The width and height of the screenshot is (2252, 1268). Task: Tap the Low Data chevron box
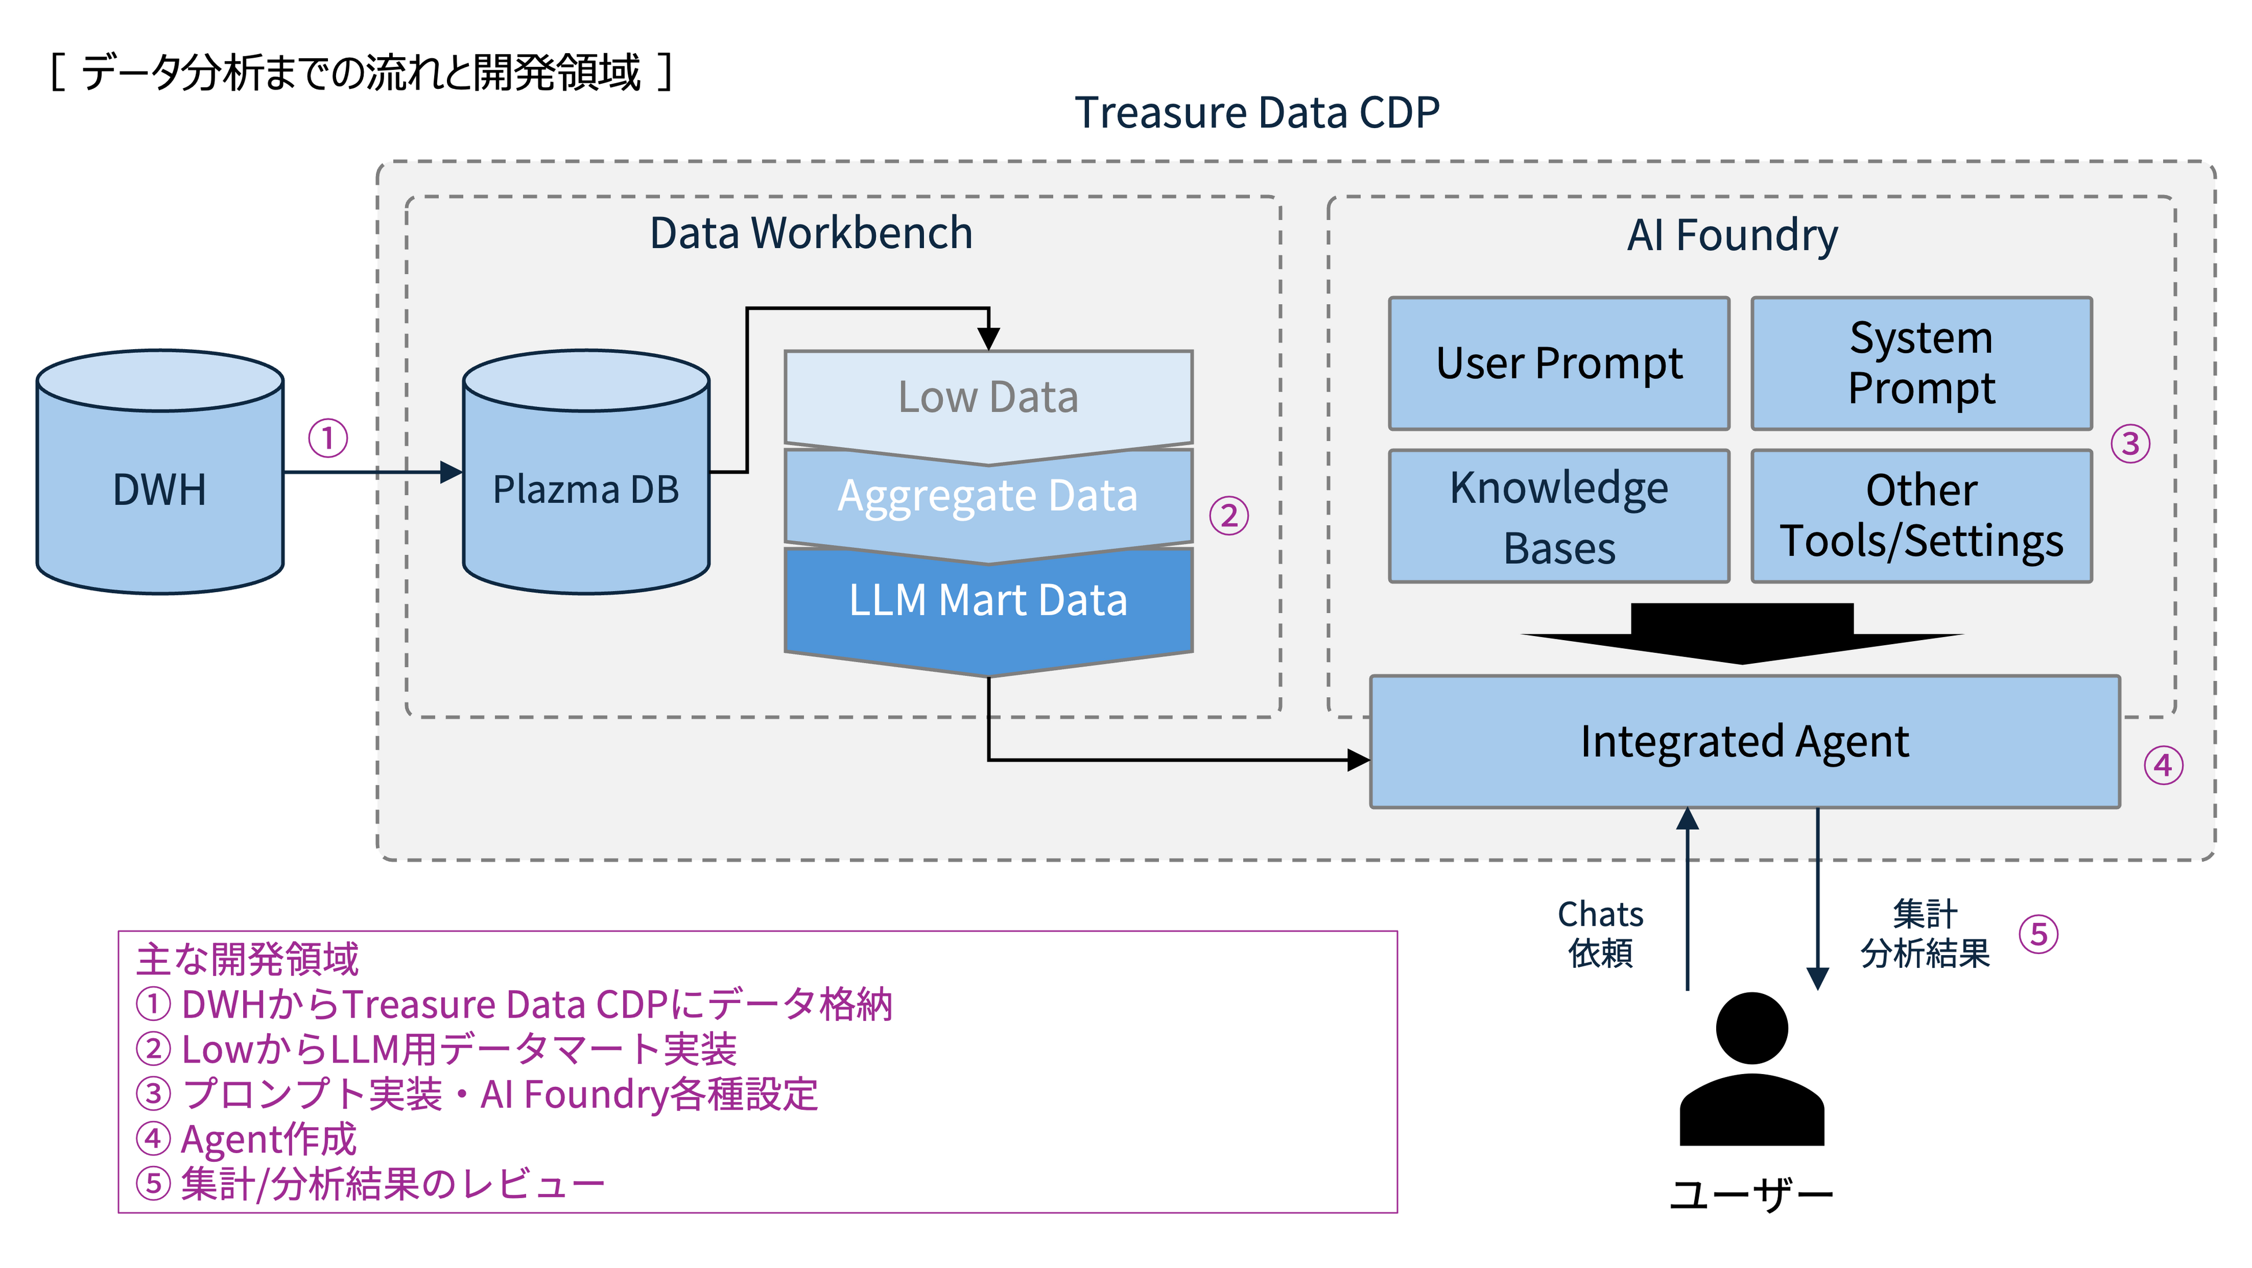(988, 398)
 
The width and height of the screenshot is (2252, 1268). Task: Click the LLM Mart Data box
(988, 601)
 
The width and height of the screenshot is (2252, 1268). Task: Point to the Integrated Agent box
(1744, 742)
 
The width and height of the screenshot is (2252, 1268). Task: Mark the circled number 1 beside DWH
(328, 438)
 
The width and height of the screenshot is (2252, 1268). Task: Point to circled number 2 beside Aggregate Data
(1228, 515)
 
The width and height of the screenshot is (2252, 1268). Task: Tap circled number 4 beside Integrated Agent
(2163, 765)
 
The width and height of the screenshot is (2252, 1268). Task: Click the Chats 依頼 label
(1600, 933)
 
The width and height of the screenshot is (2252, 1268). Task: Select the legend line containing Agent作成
(247, 1139)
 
